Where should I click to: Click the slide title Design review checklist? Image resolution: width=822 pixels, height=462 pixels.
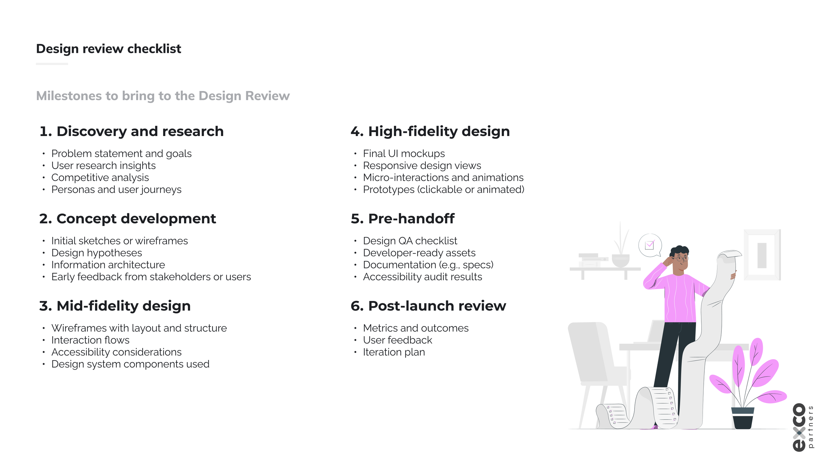pyautogui.click(x=109, y=49)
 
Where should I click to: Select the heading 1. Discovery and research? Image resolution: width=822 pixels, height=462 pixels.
pyautogui.click(x=132, y=131)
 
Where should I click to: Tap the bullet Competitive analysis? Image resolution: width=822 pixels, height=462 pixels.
pyautogui.click(x=100, y=177)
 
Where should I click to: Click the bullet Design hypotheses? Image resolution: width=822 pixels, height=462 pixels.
pyautogui.click(x=97, y=253)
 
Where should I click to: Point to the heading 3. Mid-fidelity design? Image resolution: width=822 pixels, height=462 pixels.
pyautogui.click(x=115, y=306)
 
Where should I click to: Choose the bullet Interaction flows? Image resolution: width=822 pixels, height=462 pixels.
pyautogui.click(x=90, y=340)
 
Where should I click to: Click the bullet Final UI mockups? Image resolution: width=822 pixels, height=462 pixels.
pyautogui.click(x=404, y=153)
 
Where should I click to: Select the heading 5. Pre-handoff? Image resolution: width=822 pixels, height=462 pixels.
pyautogui.click(x=402, y=219)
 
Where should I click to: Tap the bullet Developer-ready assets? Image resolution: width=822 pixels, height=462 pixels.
pyautogui.click(x=419, y=253)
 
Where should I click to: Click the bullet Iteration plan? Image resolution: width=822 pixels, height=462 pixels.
pyautogui.click(x=394, y=352)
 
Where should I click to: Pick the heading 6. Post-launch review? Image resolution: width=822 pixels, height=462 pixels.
pyautogui.click(x=428, y=306)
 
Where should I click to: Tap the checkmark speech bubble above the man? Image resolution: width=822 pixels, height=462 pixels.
pyautogui.click(x=650, y=245)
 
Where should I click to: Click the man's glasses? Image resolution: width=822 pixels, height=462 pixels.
pyautogui.click(x=681, y=259)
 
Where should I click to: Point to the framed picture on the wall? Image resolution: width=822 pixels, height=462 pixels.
pyautogui.click(x=762, y=255)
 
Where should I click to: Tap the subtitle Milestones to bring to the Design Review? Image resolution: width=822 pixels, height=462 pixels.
pyautogui.click(x=163, y=96)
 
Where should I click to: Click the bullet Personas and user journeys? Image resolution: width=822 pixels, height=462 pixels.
pyautogui.click(x=116, y=190)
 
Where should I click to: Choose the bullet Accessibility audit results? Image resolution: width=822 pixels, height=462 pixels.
pyautogui.click(x=423, y=277)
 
